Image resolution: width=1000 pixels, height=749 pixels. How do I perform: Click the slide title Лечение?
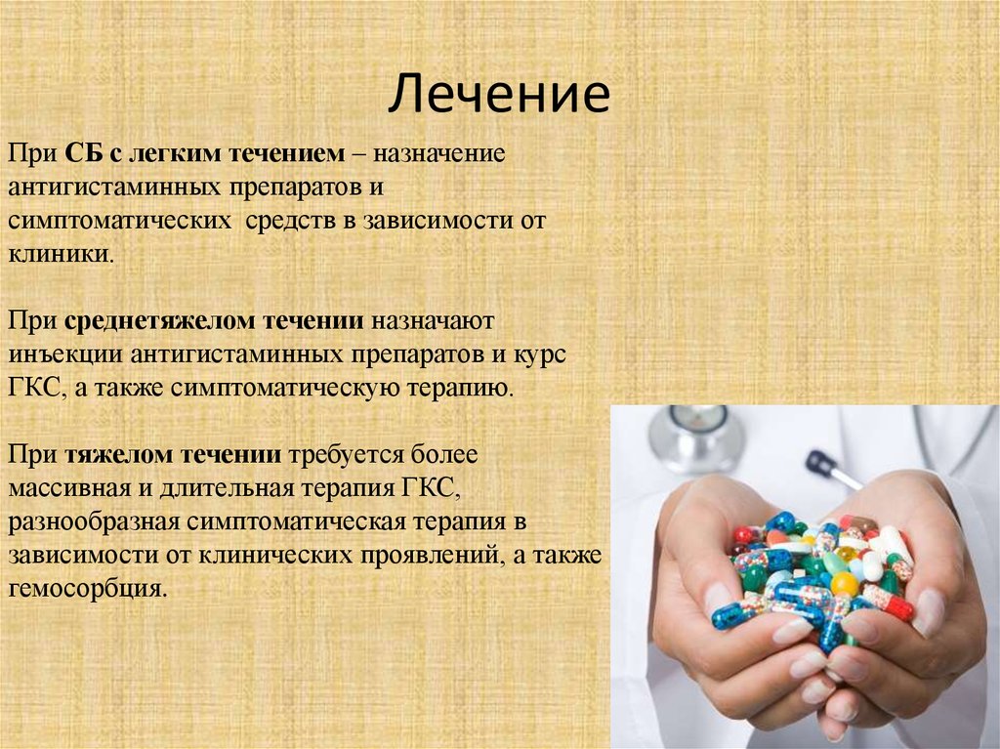500,96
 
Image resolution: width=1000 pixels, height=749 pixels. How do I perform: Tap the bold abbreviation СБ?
81,154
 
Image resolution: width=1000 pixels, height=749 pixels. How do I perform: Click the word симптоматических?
121,221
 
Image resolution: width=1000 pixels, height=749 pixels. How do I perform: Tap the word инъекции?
63,354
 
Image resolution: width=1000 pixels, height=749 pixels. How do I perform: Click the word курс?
540,354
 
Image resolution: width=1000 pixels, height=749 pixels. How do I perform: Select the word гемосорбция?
89,588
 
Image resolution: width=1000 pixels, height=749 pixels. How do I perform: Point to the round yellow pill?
845,584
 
